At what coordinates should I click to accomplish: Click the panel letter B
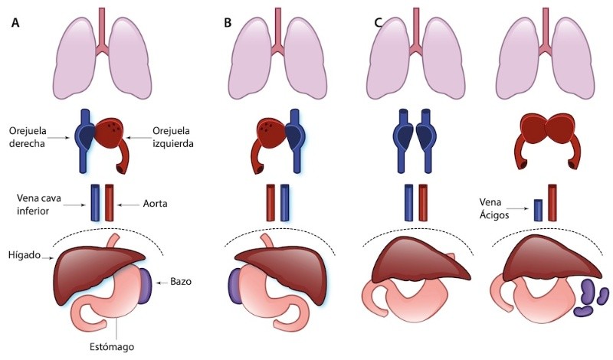[x=228, y=22]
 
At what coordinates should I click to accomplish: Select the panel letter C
[x=377, y=22]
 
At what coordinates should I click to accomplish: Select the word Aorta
[x=157, y=204]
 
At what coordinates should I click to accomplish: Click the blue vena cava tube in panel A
[x=96, y=203]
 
